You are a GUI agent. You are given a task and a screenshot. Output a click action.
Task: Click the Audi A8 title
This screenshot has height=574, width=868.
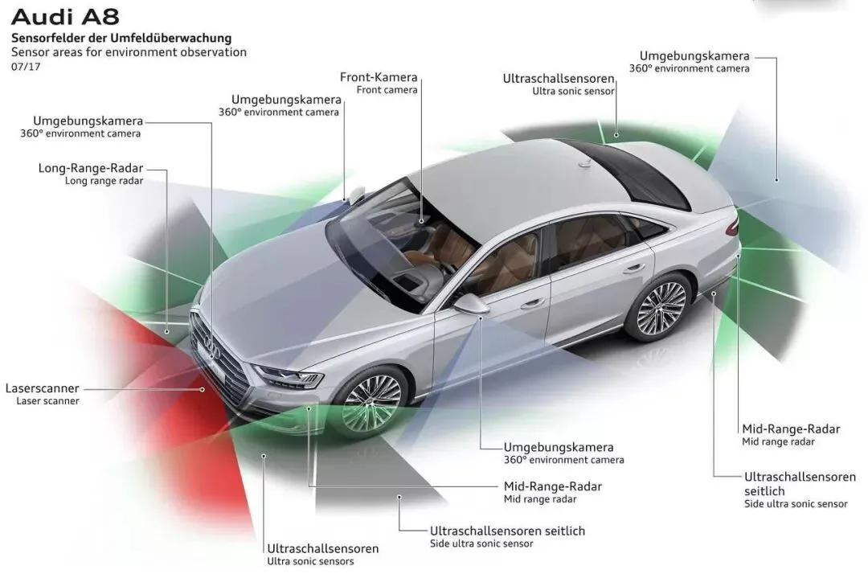(65, 16)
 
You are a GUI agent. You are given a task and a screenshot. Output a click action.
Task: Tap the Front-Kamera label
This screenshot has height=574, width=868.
(379, 77)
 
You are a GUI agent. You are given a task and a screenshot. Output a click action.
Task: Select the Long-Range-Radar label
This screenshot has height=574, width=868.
(91, 168)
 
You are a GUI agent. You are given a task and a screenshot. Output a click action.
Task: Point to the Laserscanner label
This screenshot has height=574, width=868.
(42, 388)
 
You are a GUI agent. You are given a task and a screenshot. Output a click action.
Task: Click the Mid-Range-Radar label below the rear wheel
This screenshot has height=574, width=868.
(791, 428)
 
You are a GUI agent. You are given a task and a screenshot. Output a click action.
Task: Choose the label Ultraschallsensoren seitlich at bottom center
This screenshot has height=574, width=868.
(507, 531)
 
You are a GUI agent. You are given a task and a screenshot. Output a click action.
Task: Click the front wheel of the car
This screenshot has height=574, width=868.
(372, 401)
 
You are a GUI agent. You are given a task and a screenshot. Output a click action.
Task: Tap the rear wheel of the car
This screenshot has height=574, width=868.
(661, 309)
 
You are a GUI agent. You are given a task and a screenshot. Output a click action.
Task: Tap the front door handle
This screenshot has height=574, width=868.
(532, 304)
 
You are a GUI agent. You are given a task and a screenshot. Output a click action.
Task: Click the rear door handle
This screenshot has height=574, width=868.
(634, 269)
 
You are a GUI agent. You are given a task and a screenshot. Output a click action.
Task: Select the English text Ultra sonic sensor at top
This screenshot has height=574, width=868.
(573, 92)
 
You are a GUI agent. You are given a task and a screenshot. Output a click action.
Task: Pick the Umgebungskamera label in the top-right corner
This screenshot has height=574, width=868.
(694, 55)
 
